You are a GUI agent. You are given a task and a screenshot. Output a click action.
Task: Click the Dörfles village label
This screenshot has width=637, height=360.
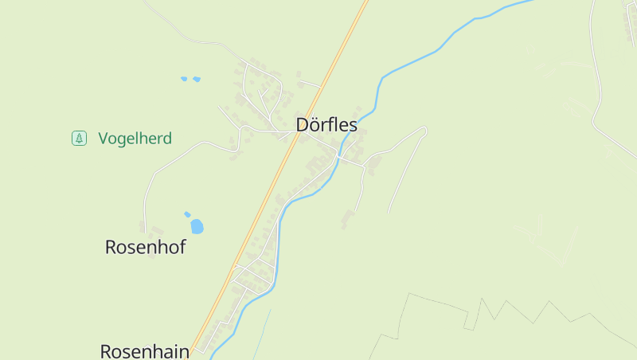[x=326, y=125]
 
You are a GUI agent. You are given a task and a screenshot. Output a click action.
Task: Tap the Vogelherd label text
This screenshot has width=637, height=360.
[x=135, y=139]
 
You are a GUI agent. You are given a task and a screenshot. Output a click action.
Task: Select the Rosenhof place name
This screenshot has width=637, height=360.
[x=145, y=247]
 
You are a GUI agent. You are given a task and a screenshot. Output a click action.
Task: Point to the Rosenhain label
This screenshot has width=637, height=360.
[x=144, y=350]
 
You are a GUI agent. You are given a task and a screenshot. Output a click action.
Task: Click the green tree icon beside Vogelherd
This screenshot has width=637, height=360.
[x=79, y=139]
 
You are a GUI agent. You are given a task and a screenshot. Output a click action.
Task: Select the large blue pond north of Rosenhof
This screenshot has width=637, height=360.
[x=197, y=226]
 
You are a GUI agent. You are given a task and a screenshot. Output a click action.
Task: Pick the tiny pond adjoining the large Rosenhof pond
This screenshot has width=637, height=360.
[x=187, y=213]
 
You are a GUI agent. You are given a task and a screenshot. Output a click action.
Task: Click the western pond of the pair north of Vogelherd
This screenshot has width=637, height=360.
[x=184, y=79]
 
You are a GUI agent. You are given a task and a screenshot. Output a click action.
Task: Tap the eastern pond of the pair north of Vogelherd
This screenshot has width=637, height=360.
[x=196, y=80]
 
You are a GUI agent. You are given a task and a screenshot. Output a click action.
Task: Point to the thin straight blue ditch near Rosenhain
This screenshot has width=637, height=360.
[x=263, y=335]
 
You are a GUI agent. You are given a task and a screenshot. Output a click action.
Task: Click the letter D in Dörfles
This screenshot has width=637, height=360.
[x=303, y=125]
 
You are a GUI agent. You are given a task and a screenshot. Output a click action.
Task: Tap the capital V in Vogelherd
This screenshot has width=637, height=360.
[x=104, y=139]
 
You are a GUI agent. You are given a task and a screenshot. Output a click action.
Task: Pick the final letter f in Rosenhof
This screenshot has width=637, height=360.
[x=182, y=246]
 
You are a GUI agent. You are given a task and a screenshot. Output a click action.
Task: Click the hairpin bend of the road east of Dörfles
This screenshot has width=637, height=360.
[x=424, y=130]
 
